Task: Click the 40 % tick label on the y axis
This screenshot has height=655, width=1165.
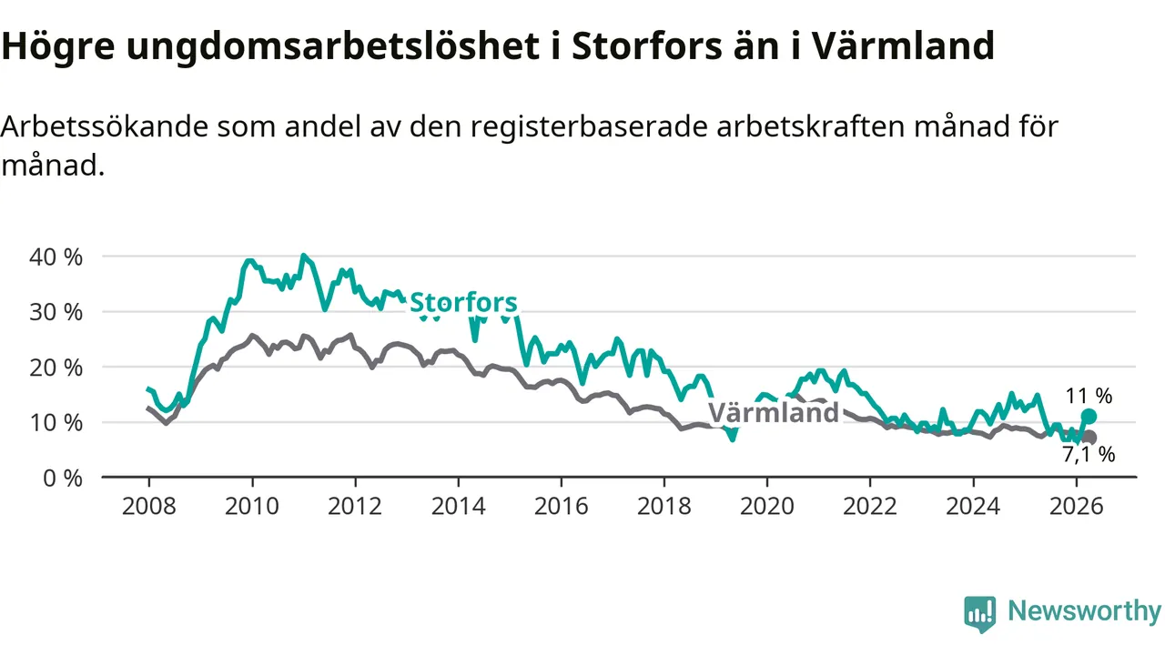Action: [56, 257]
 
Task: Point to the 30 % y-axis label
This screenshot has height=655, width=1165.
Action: [56, 312]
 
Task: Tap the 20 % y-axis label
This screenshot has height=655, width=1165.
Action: [56, 368]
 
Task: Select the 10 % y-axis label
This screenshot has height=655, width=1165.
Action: [56, 423]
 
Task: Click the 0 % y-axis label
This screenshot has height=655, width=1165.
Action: [63, 479]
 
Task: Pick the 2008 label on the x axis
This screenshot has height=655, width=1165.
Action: [148, 507]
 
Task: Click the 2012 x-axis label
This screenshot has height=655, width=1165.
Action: [355, 507]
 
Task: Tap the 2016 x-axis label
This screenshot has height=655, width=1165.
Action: [562, 507]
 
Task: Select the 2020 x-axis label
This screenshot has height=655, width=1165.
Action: [767, 507]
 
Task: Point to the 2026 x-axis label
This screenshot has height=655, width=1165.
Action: [1076, 507]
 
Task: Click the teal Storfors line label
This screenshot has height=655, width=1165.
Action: [463, 303]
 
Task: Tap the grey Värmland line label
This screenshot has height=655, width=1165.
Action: [774, 413]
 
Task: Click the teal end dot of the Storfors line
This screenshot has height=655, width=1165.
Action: [1089, 417]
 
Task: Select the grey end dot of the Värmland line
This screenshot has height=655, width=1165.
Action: [1089, 438]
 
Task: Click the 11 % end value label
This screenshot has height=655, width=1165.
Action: [1089, 396]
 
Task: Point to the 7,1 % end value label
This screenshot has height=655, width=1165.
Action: [1089, 455]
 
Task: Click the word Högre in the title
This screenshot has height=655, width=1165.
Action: [57, 46]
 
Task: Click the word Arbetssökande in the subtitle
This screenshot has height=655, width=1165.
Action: [104, 127]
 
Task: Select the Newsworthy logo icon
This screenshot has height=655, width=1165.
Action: [980, 614]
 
